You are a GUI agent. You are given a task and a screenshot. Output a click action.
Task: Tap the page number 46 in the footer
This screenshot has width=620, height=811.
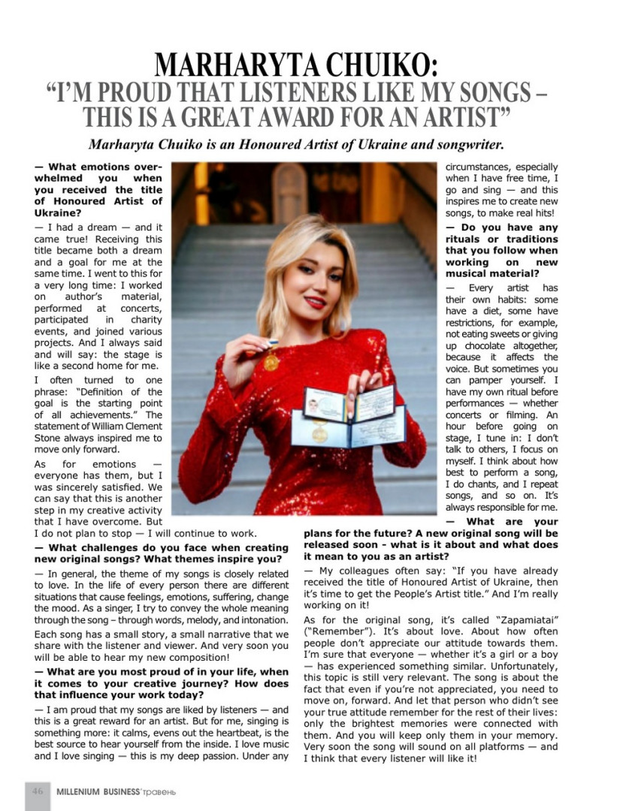pyautogui.click(x=37, y=791)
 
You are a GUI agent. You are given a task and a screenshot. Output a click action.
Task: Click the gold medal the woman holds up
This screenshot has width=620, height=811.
pyautogui.click(x=271, y=362)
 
